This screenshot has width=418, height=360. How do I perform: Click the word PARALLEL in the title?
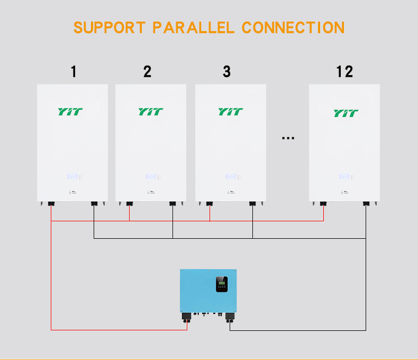tap(193, 27)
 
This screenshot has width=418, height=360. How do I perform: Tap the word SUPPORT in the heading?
tap(110, 27)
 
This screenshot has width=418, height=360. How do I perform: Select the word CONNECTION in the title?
tap(293, 27)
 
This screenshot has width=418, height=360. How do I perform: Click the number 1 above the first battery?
tap(74, 71)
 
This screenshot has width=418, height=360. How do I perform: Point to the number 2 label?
tap(147, 71)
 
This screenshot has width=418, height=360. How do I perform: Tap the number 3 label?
tap(226, 71)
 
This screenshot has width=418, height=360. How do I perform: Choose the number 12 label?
tap(344, 71)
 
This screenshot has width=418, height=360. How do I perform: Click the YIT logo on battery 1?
tap(70, 112)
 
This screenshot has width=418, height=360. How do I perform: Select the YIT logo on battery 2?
tap(151, 112)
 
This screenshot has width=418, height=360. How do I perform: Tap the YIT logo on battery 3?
tap(231, 112)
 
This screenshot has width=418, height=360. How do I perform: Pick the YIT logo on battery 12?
tap(346, 113)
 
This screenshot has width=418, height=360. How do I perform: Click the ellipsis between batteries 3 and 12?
tap(288, 138)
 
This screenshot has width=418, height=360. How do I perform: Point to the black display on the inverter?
tap(222, 285)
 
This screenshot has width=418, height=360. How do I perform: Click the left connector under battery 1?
tap(51, 203)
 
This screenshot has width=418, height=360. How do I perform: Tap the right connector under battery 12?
tap(366, 203)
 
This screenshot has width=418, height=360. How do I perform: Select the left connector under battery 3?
tap(210, 203)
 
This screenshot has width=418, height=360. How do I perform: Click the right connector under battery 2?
tap(172, 203)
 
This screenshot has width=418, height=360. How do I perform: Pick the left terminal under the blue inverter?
tap(186, 317)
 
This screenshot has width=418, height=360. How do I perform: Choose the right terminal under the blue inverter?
tap(229, 317)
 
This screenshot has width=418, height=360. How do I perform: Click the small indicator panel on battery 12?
tap(344, 176)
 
